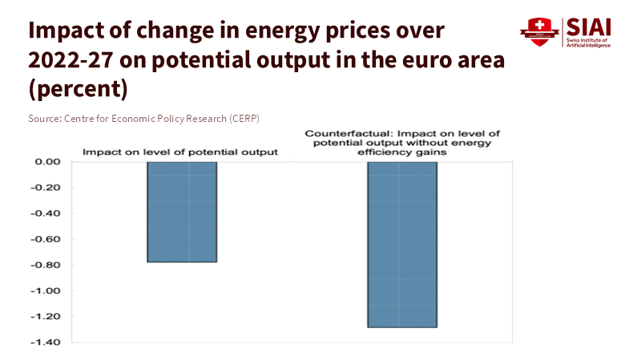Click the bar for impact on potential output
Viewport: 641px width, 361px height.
tap(182, 212)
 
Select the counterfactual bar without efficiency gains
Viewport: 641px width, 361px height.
tap(402, 245)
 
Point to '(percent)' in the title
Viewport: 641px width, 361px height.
tap(78, 89)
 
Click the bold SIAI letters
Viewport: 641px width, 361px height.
tap(589, 26)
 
